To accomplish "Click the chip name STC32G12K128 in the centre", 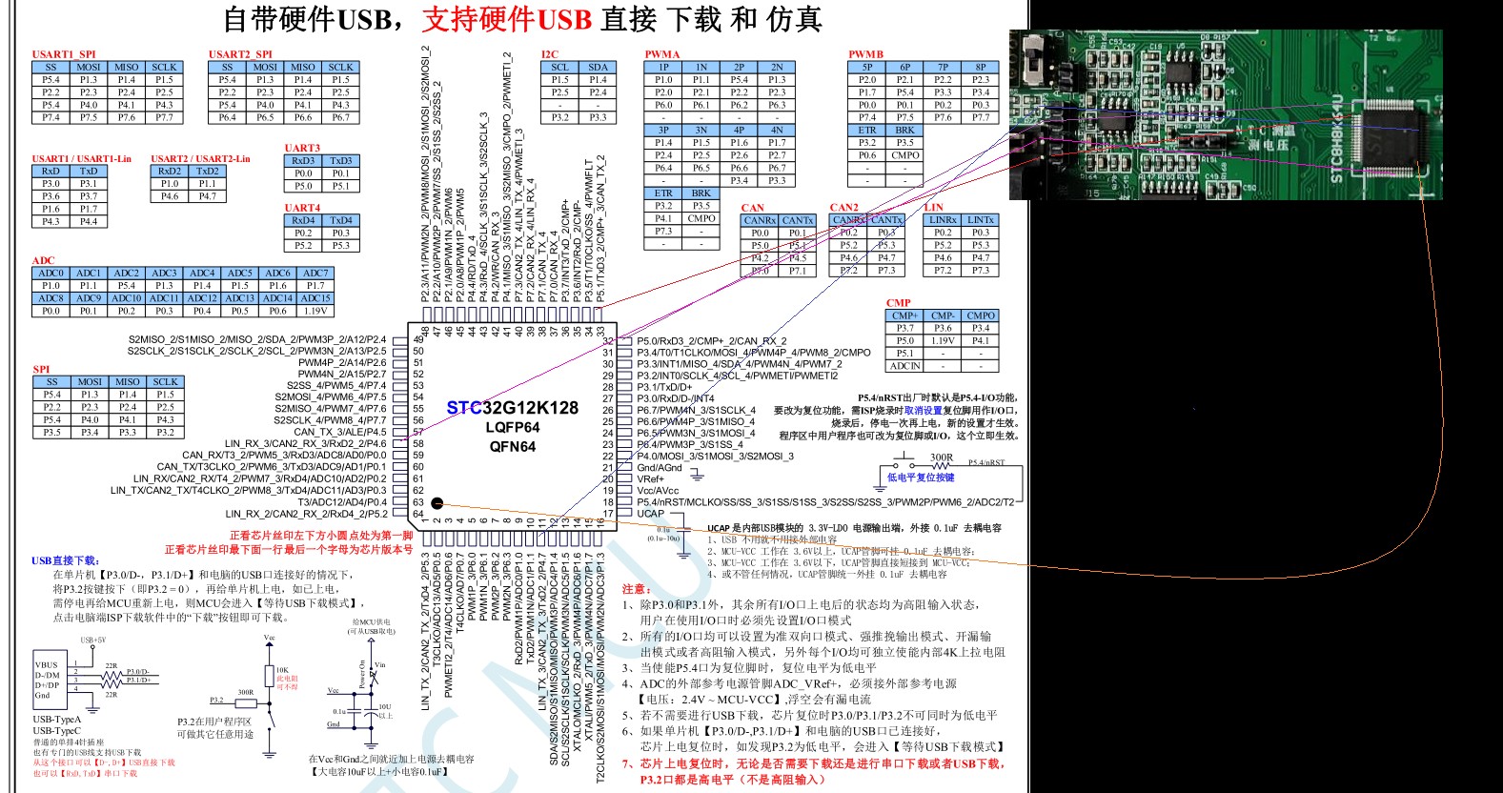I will coord(513,408).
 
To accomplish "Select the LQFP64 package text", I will coord(513,427).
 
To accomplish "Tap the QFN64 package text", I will coord(513,446).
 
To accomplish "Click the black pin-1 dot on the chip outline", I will coord(437,502).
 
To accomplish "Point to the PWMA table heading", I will coord(662,54).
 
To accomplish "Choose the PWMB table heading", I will coord(866,54).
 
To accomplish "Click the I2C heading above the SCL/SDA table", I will coord(550,54).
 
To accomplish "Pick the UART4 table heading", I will coord(302,208).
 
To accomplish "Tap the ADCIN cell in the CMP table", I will coord(904,366).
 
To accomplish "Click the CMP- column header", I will coord(943,315).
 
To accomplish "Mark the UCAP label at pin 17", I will coord(651,514).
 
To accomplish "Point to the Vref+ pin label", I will coord(651,479).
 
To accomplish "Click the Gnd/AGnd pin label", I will coord(660,468).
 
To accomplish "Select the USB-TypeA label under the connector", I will coord(57,720).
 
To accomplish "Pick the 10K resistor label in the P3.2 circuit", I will coord(282,670).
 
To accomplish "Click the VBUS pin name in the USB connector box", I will coord(47,665).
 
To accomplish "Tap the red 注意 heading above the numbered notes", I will coord(637,589).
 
